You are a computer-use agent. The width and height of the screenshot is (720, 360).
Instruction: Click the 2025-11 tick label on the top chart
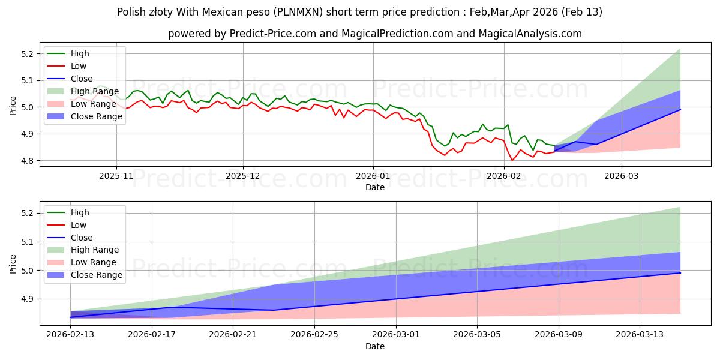[116, 176]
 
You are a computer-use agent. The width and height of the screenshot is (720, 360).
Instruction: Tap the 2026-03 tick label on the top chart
[622, 176]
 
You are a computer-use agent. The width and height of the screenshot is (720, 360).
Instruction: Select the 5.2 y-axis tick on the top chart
[28, 53]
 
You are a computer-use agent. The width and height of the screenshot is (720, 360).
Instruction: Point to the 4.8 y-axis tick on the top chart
[28, 161]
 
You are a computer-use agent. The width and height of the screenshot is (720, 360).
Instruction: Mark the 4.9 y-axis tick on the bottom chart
[28, 299]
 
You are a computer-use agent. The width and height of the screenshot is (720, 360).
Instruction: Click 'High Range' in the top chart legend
[97, 91]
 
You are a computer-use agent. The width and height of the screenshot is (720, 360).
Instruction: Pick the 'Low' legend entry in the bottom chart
[79, 225]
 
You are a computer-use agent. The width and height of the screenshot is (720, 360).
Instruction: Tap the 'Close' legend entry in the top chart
[82, 79]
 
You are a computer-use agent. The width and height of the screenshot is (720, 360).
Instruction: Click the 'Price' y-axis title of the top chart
[13, 106]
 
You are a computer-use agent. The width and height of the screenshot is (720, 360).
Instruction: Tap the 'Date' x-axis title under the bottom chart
[375, 346]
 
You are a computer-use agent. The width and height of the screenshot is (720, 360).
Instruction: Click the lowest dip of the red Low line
[512, 160]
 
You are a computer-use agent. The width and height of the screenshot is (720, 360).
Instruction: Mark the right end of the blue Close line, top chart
[680, 109]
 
